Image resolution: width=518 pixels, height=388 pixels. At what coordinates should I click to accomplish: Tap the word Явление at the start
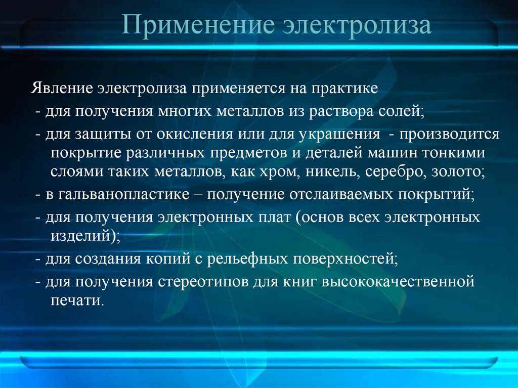point(61,89)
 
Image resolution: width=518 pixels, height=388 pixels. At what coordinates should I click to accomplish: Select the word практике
point(343,89)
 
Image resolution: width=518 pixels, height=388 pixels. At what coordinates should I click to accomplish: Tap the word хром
point(275,171)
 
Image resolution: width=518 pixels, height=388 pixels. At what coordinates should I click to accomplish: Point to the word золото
point(455,171)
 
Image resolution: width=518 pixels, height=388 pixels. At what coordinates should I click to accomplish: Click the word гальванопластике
point(126,195)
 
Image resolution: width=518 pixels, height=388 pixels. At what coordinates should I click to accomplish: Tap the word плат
point(273,218)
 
